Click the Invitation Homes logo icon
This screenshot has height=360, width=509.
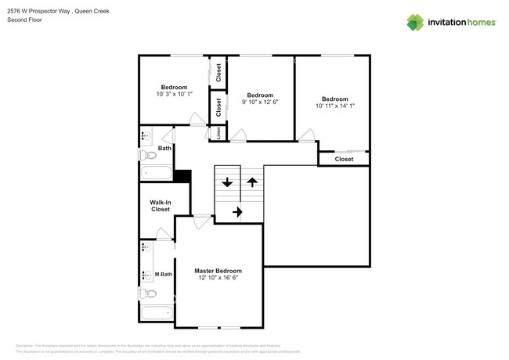[414, 23]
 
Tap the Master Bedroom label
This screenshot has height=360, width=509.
[218, 271]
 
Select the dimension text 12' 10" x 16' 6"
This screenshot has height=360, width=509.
[218, 278]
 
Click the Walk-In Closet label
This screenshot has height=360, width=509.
[160, 206]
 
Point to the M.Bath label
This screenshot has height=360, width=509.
[164, 275]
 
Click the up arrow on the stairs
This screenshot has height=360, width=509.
[252, 183]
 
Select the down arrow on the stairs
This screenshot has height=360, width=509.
[227, 183]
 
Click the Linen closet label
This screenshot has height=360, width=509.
[218, 134]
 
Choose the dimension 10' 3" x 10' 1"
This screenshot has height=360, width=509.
[174, 94]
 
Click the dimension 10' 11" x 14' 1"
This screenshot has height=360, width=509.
[334, 106]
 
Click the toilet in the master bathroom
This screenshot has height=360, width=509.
[148, 294]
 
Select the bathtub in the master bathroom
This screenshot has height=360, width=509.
[157, 315]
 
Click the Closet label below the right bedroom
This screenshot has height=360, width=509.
[344, 159]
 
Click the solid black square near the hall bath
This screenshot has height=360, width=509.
[182, 176]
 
